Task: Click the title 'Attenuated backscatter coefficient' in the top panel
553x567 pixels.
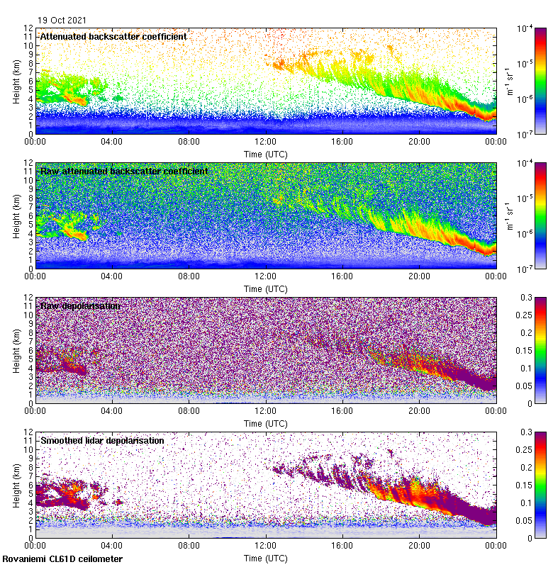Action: [113, 36]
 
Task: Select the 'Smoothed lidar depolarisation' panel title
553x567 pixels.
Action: [102, 440]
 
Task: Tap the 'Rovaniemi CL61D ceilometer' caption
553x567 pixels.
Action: [62, 559]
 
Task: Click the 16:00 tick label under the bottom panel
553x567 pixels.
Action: [342, 546]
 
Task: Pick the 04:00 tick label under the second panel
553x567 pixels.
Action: [112, 276]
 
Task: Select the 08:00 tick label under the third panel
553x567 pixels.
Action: [189, 411]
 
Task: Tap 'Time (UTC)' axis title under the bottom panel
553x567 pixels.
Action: [266, 558]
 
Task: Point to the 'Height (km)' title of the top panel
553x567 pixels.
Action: [16, 81]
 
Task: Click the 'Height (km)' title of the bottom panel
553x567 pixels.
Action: [16, 485]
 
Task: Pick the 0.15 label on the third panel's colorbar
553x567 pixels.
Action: [538, 351]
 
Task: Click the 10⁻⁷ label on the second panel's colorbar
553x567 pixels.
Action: [525, 269]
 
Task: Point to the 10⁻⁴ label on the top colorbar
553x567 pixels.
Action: [525, 28]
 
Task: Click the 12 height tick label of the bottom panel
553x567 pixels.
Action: [28, 432]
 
